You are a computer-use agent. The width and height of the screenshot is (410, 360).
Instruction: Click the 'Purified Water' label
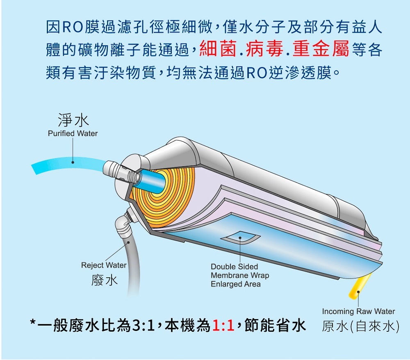(73, 134)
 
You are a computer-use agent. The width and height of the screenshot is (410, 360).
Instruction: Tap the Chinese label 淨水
(73, 120)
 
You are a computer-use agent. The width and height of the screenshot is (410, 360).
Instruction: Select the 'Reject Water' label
(104, 265)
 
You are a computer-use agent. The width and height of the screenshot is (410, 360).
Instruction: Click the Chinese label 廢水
(105, 281)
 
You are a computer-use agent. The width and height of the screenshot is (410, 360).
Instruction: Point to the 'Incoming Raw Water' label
(358, 311)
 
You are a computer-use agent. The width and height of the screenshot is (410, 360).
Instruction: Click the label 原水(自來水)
(360, 326)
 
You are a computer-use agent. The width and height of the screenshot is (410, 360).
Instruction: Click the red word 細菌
(219, 50)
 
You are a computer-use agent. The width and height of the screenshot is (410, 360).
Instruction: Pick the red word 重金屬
(321, 50)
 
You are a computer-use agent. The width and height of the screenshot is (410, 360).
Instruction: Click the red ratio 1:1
(223, 326)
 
